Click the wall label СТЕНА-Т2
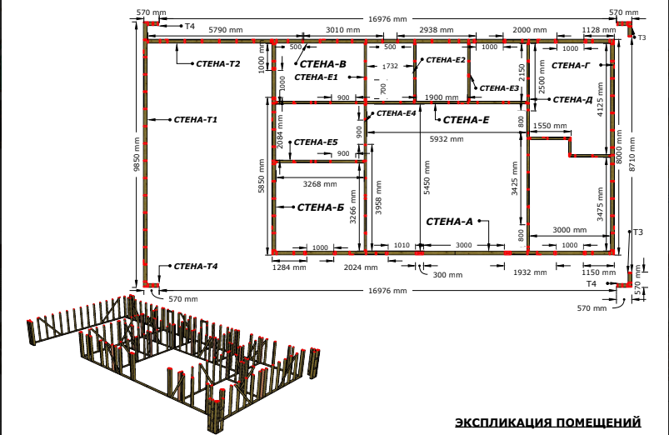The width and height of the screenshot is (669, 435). tap(218, 64)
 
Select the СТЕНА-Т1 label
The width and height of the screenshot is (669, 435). tap(196, 120)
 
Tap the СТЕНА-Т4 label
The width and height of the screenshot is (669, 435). tap(196, 267)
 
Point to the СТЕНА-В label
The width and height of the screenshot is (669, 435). tap(323, 64)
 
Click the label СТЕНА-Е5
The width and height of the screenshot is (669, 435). tap(316, 142)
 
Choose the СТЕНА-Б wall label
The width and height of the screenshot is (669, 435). tap(321, 207)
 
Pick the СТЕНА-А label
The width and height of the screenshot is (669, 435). tap(449, 222)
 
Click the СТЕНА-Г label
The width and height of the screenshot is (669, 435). tap(571, 65)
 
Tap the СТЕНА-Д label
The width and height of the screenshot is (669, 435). tap(572, 100)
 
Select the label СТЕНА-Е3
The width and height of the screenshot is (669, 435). tap(499, 88)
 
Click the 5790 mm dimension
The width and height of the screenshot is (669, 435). tap(225, 30)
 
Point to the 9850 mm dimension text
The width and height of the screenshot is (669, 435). tap(137, 153)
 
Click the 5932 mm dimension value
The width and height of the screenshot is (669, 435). tap(447, 139)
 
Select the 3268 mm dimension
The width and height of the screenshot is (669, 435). tap(320, 184)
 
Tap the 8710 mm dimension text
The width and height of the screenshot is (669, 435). tap(632, 154)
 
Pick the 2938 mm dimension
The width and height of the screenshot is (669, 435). tap(436, 30)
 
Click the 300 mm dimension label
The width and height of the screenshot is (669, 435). tap(447, 275)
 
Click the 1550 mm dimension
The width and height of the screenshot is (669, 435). tap(550, 126)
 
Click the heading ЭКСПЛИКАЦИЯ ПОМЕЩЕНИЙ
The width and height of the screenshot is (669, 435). tap(548, 422)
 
